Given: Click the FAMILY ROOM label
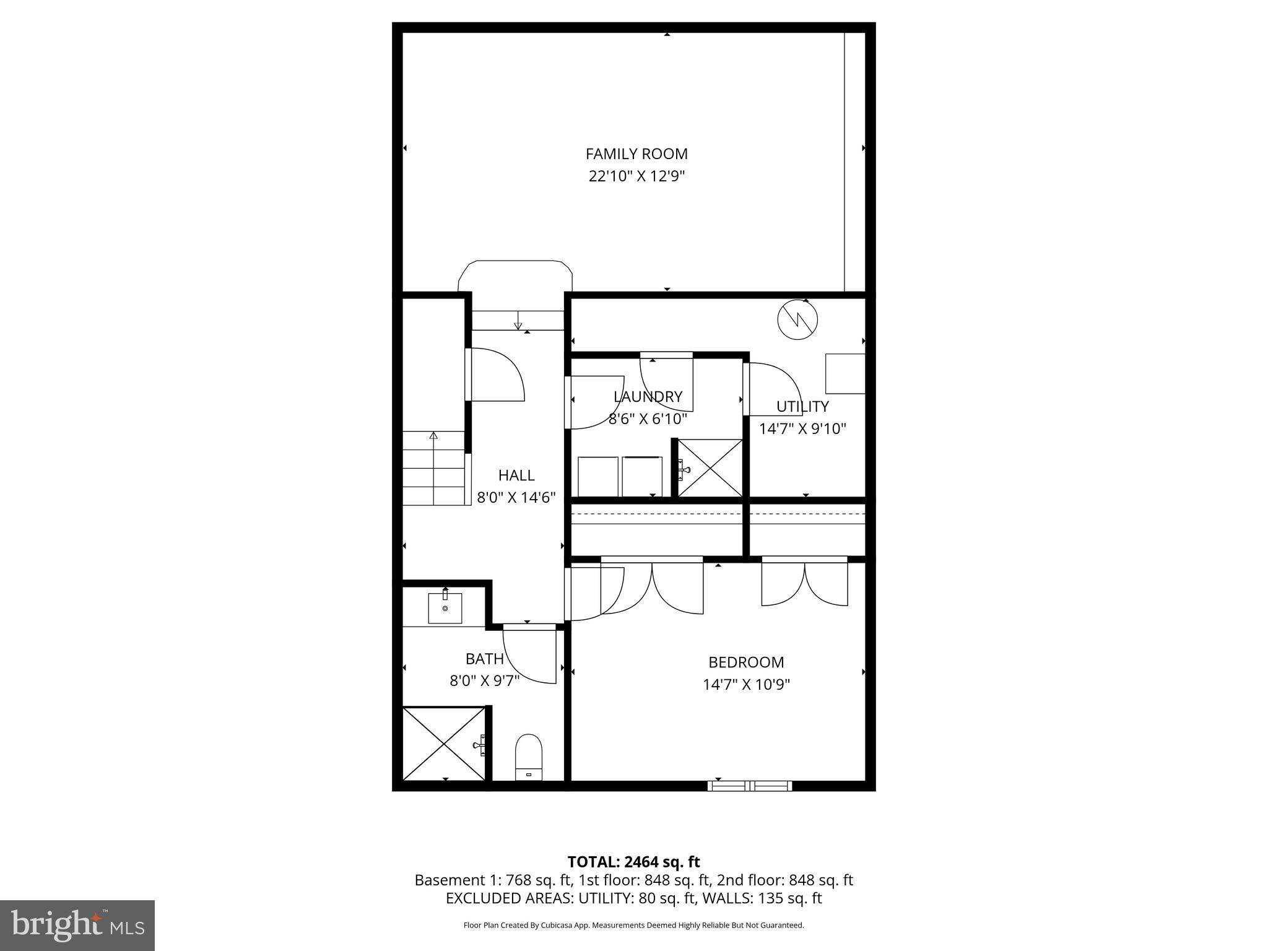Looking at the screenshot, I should click(636, 154).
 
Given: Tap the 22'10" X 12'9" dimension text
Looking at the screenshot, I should click(636, 176).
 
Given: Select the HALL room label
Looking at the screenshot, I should click(516, 475).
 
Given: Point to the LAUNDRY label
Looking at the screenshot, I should click(648, 396).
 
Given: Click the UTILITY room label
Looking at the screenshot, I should click(802, 406).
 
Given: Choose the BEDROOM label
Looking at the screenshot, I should click(746, 662).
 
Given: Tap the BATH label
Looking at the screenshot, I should click(484, 658).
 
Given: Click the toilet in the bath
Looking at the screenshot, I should click(529, 757).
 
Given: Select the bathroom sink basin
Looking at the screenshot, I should click(445, 608).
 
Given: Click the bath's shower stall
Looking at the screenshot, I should click(444, 744).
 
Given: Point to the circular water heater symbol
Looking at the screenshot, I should click(797, 319).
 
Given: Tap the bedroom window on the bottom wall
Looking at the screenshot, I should click(750, 786).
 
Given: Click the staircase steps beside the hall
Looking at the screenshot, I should click(433, 468).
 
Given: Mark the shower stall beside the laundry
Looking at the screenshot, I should click(710, 467).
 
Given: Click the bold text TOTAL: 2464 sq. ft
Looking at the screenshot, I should click(633, 862).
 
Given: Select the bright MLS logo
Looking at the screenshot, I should click(77, 925).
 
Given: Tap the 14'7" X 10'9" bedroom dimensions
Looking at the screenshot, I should click(746, 685).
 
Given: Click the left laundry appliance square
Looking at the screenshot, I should click(598, 476).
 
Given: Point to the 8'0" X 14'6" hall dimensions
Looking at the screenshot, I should click(516, 497).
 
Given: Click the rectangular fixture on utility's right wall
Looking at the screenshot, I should click(845, 373).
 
